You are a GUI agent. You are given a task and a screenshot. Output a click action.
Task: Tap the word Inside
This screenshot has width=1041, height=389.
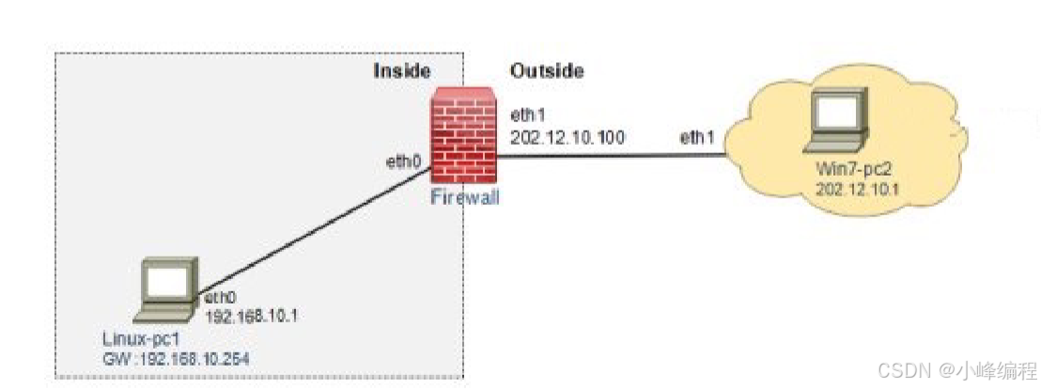pos(401,71)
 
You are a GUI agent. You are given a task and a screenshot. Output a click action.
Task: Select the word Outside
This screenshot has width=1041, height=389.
pos(547,70)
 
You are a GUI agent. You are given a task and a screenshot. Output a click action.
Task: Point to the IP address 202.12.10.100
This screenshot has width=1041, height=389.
pos(567,137)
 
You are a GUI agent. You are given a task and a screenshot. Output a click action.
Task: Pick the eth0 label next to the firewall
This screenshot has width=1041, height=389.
pos(403,162)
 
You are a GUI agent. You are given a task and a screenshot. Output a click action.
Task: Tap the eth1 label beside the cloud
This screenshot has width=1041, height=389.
pos(697,137)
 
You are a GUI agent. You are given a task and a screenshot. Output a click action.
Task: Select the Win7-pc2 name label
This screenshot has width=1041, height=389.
pos(847,170)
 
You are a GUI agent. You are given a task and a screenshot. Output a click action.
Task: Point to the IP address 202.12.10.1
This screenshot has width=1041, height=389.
pos(849,187)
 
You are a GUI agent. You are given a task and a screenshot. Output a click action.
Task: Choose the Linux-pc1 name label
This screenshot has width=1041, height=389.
pos(138,337)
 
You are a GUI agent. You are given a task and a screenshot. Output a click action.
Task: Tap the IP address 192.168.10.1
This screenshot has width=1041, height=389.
pos(249,316)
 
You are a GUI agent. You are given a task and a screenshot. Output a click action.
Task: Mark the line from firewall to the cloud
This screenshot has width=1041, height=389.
pos(611,156)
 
